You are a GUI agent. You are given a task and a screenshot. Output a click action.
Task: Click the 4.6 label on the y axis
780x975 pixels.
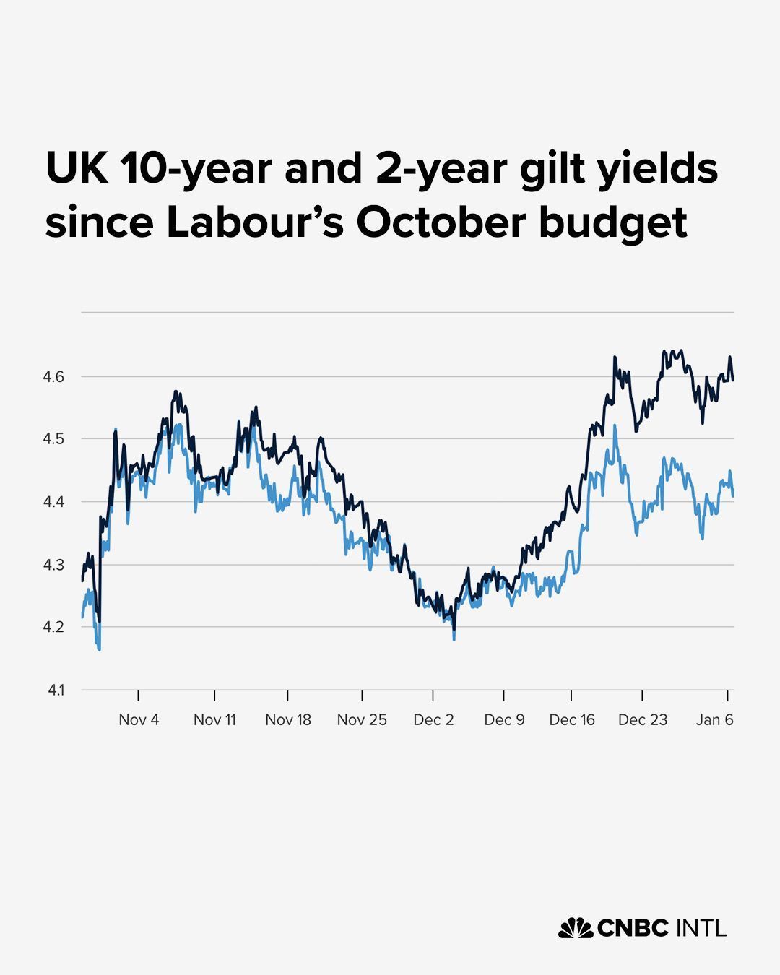tap(56, 376)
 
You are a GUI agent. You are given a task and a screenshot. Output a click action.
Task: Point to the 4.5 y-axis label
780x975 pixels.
tap(56, 439)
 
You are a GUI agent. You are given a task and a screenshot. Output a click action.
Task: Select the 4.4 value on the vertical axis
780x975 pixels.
tap(56, 502)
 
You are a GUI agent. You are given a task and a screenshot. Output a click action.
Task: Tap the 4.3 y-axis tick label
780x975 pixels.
tap(56, 565)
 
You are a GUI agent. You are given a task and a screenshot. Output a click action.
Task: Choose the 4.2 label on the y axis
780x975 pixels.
tap(56, 627)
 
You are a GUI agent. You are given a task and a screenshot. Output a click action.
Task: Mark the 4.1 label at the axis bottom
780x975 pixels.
tap(56, 690)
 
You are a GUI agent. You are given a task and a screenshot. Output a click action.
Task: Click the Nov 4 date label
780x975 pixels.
tap(139, 720)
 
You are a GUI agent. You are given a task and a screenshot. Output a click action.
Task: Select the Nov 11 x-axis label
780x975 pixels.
tap(214, 720)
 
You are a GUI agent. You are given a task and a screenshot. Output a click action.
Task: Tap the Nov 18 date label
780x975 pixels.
tap(288, 720)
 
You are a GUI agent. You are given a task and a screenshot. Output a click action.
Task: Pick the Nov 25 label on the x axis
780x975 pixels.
tap(362, 720)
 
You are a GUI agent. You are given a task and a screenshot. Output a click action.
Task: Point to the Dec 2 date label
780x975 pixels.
tap(433, 720)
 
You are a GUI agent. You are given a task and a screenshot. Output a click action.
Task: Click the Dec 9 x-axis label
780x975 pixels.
tap(504, 720)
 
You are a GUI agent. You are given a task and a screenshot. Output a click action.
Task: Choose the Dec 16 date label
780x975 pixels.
tap(572, 720)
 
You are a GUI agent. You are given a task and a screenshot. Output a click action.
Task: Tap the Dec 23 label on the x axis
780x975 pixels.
tap(643, 720)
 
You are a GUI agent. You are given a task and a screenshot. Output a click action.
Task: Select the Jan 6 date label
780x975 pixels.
tap(714, 720)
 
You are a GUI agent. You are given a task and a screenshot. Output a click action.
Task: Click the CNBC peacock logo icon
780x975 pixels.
tap(575, 928)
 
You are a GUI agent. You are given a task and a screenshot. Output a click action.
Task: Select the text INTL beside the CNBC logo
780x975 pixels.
tap(701, 928)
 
